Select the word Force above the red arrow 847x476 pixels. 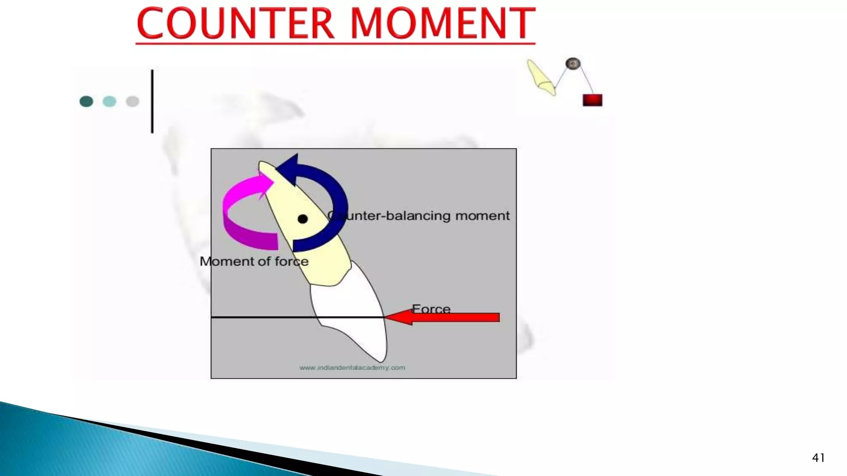pyautogui.click(x=431, y=309)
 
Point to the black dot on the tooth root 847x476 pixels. pyautogui.click(x=303, y=219)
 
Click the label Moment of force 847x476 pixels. pyautogui.click(x=254, y=261)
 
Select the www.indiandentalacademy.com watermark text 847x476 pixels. pyautogui.click(x=352, y=367)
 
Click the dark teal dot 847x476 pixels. pyautogui.click(x=86, y=101)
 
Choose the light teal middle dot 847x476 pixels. pyautogui.click(x=109, y=101)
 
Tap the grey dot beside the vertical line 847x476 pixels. pyautogui.click(x=132, y=101)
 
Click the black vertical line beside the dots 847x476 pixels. pyautogui.click(x=152, y=101)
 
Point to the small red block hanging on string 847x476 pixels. pyautogui.click(x=592, y=100)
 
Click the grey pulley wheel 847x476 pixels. pyautogui.click(x=573, y=64)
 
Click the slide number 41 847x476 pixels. pyautogui.click(x=818, y=458)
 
